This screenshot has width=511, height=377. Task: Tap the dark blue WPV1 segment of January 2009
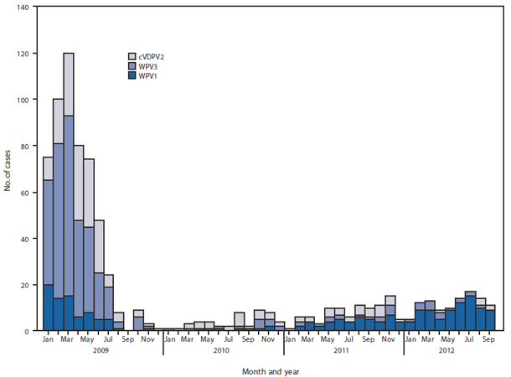49,307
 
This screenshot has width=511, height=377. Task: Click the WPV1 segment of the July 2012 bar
471,313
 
